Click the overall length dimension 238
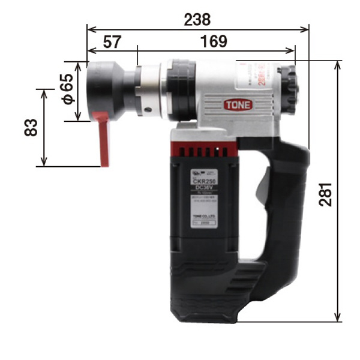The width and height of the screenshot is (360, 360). tap(197, 19)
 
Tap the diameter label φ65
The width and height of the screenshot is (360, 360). tap(67, 90)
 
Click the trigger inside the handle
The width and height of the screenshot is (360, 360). tap(262, 187)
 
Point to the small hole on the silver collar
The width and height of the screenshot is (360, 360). tap(146, 109)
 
